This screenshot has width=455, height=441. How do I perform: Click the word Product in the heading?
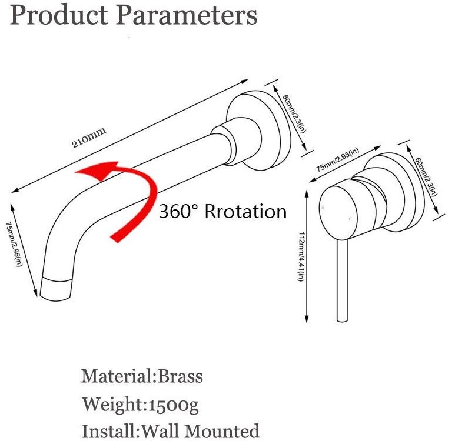click(59, 15)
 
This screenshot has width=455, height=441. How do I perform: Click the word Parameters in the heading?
click(187, 15)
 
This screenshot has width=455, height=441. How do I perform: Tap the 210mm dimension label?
click(89, 138)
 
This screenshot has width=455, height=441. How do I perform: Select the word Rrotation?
click(245, 211)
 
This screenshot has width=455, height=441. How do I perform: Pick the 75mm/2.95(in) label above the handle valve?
click(337, 159)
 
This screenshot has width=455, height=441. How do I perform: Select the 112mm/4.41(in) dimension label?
click(301, 256)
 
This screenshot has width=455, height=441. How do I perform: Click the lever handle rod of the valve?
click(342, 280)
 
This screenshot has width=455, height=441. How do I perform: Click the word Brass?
click(180, 376)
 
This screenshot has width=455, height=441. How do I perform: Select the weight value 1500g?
click(174, 405)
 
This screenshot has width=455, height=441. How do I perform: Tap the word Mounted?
click(222, 431)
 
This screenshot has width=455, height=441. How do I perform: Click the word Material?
click(117, 376)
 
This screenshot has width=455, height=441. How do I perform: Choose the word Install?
click(108, 431)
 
